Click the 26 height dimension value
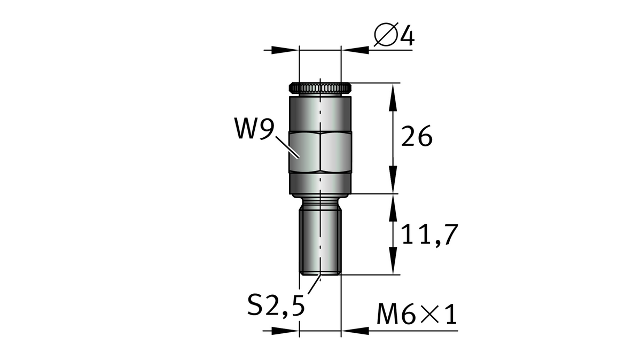[416, 137]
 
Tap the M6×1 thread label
[417, 316]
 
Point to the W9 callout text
[254, 130]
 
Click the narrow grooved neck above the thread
[320, 201]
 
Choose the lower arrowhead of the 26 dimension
[394, 182]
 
